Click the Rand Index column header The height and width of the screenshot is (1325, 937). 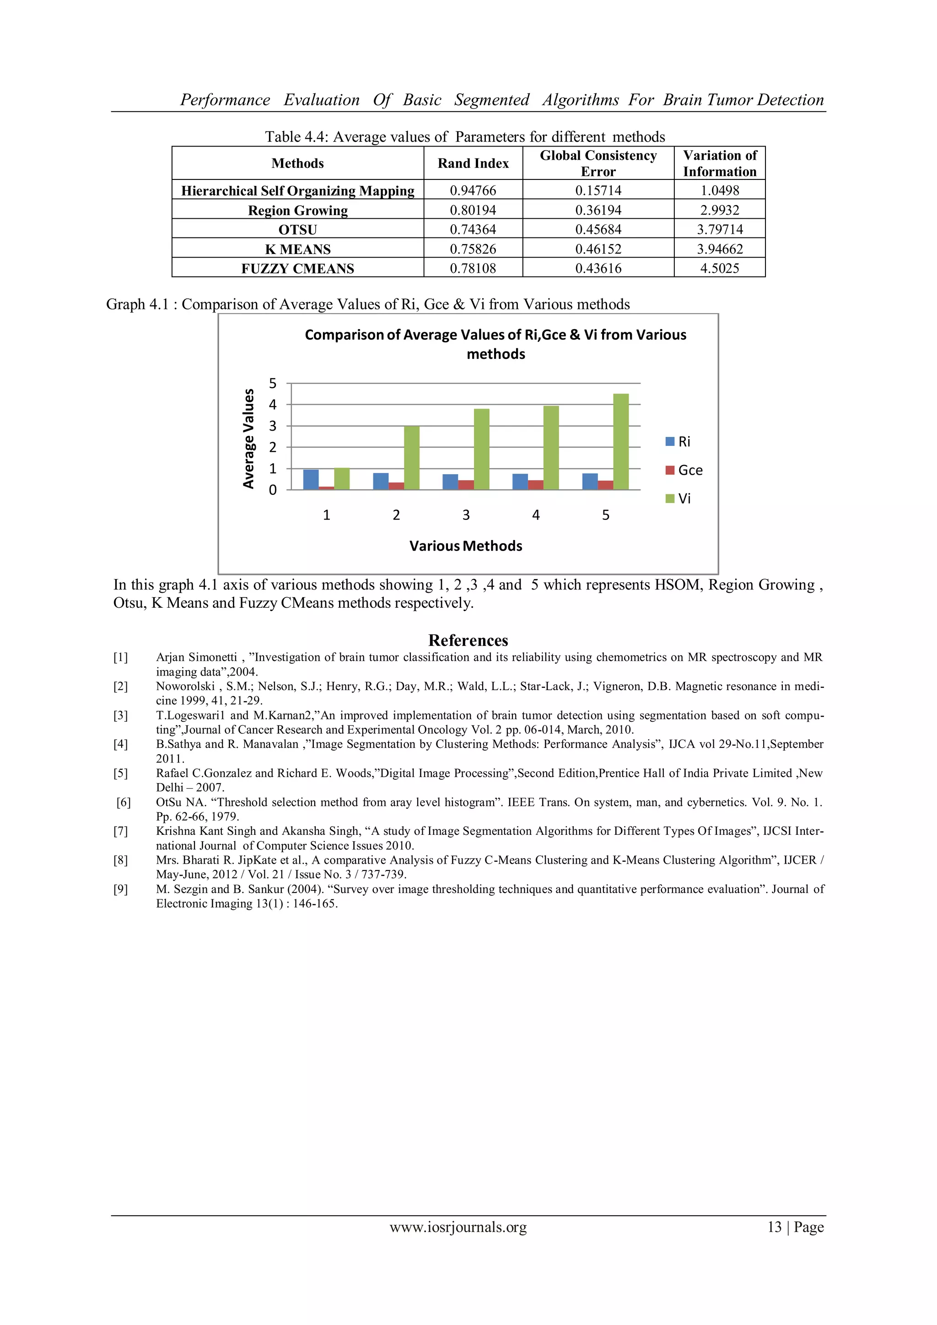(473, 163)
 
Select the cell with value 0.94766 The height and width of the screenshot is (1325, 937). (473, 190)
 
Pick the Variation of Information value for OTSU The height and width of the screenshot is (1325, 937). (720, 230)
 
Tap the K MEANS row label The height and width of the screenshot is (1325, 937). (298, 249)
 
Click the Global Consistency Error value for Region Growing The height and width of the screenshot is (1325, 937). (598, 210)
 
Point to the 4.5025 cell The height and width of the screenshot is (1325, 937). (720, 268)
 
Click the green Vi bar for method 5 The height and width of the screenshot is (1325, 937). (621, 442)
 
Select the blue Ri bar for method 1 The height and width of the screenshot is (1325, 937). (311, 480)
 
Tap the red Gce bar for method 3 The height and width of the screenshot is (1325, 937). (466, 485)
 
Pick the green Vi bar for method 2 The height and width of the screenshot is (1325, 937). (412, 458)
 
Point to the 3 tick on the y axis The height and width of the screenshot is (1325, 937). (273, 426)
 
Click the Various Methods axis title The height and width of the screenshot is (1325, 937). (466, 546)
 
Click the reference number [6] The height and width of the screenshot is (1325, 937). (124, 802)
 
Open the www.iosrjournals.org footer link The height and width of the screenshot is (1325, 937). (458, 1227)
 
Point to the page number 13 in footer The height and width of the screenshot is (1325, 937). (774, 1227)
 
